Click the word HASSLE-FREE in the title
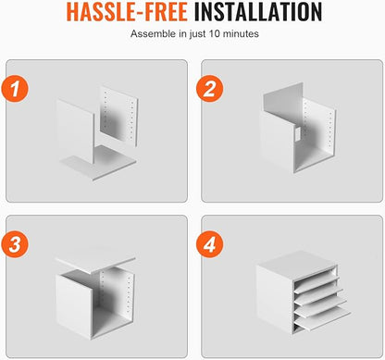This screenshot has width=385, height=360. click(127, 12)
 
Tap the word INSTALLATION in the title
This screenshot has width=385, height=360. click(258, 12)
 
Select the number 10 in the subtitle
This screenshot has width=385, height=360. click(215, 33)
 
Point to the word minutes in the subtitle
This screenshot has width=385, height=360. click(241, 33)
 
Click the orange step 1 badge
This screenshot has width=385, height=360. click(15, 89)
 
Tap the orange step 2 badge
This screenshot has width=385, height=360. click(210, 89)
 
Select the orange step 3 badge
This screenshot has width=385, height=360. click(15, 244)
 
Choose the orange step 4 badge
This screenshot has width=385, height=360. click(210, 244)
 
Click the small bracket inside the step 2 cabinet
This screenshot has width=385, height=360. click(298, 134)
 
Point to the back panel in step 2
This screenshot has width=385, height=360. click(283, 102)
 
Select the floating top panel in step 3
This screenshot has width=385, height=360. click(95, 260)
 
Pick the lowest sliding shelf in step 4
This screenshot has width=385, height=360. click(322, 320)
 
